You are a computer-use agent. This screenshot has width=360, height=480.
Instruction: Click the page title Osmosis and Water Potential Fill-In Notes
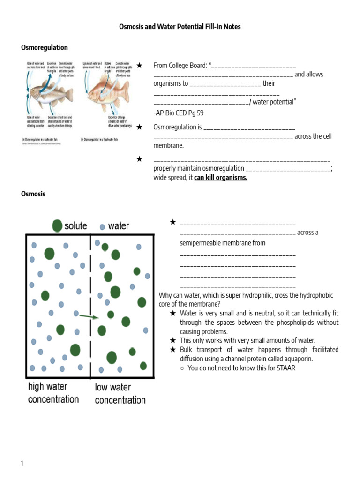coord(180,27)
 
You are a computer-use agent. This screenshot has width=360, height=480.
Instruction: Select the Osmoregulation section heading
coord(45,48)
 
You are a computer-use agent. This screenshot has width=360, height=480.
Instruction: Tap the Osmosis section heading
coord(33,194)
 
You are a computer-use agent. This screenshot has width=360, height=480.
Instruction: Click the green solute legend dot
coord(57,225)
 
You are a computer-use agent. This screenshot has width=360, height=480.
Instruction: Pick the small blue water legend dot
coord(102,227)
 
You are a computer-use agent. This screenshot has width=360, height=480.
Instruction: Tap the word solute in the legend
coord(76,226)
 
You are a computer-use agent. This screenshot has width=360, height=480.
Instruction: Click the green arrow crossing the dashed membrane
coord(89,317)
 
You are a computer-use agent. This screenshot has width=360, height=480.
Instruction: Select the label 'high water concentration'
coord(53,393)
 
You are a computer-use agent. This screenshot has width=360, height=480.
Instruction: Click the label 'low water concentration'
coord(120,394)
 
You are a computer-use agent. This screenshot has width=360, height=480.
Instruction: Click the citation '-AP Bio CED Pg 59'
coord(179,113)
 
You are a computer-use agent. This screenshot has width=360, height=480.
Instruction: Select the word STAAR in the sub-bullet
coord(286,368)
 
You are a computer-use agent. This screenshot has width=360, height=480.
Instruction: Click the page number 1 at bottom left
coord(22,464)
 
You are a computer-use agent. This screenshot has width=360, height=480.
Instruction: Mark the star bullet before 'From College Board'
coord(139,65)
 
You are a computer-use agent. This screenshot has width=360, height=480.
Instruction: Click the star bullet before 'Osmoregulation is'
coord(139,127)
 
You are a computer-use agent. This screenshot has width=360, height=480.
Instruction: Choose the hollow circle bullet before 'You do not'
coord(182,368)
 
